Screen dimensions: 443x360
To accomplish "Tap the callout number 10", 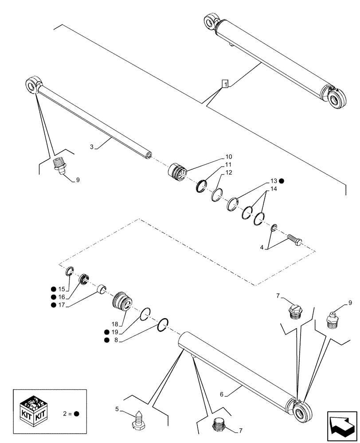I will tap(228, 157).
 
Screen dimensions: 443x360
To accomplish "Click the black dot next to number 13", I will tap(282, 181).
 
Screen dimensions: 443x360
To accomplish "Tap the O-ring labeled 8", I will tap(163, 325).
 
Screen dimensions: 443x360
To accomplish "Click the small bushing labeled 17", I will tap(102, 289).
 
